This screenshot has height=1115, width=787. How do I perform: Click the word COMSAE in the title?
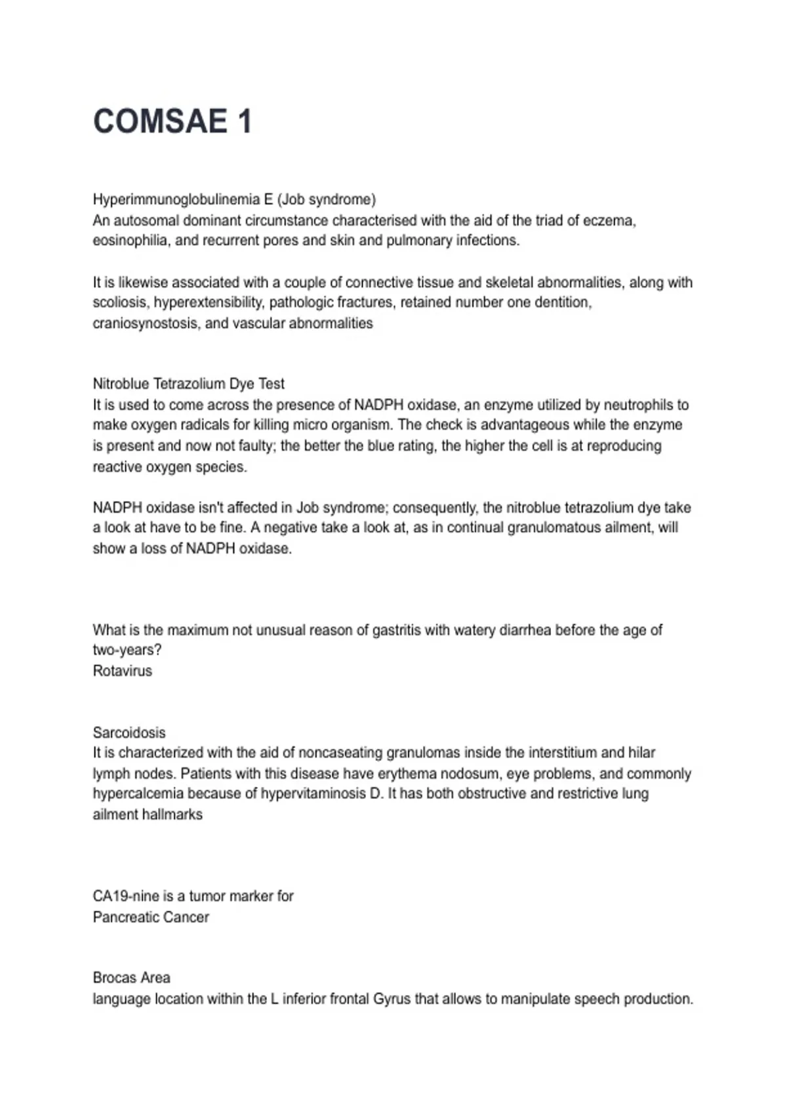pos(161,121)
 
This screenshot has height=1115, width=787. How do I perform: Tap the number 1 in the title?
pos(245,121)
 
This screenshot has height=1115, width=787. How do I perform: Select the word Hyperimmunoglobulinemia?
pos(176,199)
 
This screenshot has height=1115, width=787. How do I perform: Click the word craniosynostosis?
pos(146,323)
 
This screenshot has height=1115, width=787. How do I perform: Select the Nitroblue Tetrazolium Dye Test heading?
pos(189,384)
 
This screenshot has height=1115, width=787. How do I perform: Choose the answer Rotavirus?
pos(123,671)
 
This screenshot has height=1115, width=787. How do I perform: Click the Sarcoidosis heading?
pos(129,733)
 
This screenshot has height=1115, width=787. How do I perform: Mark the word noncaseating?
pos(341,753)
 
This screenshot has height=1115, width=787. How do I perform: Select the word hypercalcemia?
pos(134,794)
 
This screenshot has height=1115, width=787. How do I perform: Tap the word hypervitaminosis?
pos(313,794)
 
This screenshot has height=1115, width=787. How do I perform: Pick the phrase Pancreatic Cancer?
pos(151,917)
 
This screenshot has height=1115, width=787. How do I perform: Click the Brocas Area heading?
pos(131,978)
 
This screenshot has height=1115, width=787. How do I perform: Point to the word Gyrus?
pos(392,999)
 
